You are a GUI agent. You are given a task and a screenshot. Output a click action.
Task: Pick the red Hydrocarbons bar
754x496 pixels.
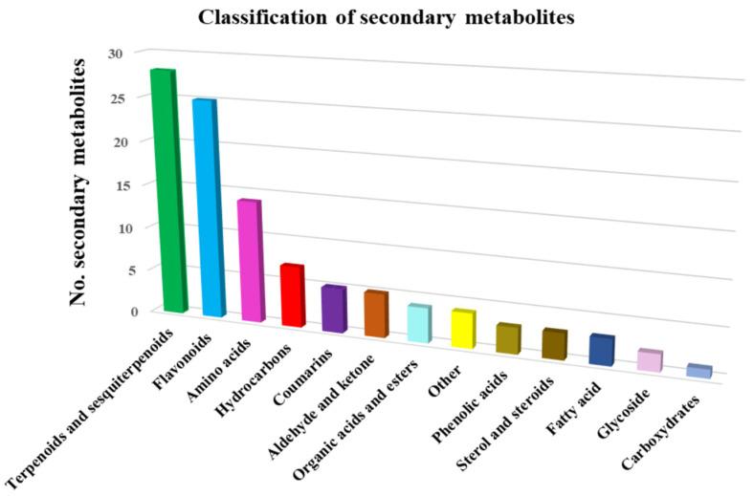coord(292,295)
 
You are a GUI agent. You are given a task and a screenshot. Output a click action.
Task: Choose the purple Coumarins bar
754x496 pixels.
coord(333,309)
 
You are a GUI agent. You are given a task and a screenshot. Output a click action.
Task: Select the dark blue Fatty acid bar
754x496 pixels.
coord(601,350)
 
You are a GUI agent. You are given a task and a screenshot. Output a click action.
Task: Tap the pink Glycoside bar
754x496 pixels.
coord(650,360)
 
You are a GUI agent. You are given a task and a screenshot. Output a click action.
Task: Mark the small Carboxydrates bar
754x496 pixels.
coord(699,371)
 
